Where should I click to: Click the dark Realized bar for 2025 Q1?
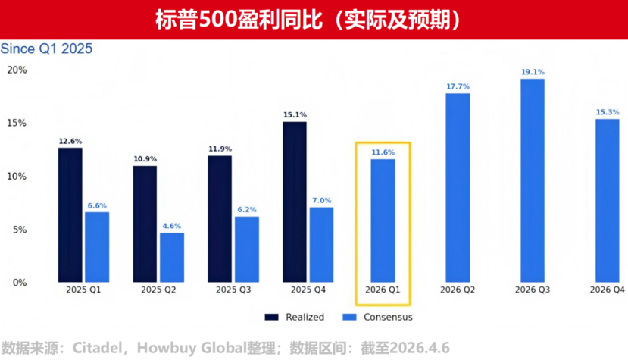[x=70, y=214]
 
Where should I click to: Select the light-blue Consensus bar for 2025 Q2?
[x=171, y=258]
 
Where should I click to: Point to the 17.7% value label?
[x=458, y=86]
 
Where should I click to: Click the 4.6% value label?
[x=171, y=226]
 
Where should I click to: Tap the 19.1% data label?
[x=532, y=72]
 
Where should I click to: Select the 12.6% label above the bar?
[x=70, y=140]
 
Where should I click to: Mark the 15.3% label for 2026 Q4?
[x=607, y=112]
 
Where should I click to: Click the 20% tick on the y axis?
[x=17, y=70]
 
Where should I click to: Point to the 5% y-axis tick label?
[x=19, y=230]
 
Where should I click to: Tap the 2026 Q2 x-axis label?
[x=458, y=290]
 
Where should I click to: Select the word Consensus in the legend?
[x=388, y=317]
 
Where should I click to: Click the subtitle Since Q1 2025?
[x=46, y=49]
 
